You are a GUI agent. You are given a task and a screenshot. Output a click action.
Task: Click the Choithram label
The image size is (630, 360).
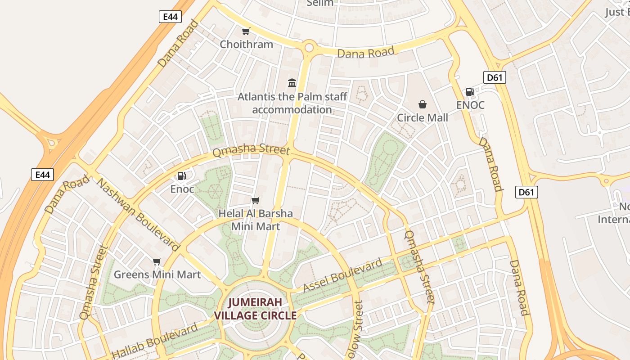tap(246, 44)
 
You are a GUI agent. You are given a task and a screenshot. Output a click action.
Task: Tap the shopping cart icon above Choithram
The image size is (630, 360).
tap(246, 31)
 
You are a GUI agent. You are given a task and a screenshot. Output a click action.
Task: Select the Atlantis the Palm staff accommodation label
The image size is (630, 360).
tap(292, 103)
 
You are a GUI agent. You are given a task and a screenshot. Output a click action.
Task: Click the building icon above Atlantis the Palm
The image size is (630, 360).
tap(292, 83)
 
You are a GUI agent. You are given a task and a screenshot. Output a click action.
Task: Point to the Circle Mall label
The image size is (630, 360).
tap(422, 117)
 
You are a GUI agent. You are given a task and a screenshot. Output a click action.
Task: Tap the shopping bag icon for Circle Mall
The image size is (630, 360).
tap(423, 104)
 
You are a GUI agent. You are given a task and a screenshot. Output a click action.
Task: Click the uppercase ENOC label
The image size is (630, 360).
tap(470, 105)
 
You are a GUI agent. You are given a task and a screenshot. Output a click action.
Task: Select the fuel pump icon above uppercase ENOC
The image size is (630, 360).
tap(470, 92)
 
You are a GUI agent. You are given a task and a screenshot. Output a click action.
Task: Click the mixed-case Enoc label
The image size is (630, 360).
tap(182, 189)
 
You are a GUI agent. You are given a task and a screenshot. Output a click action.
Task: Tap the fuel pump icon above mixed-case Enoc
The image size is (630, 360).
tap(182, 176)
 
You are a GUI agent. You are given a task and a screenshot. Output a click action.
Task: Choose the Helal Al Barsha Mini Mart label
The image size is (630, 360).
tap(256, 220)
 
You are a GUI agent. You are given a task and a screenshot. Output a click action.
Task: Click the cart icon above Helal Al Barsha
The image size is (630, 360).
tap(256, 200)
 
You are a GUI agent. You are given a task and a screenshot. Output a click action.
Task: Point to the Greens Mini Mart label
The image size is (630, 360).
tap(157, 274)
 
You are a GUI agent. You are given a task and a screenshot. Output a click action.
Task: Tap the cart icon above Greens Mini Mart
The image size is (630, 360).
tap(157, 261)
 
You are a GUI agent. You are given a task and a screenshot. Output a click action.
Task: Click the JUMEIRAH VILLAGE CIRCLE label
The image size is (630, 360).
tap(255, 309)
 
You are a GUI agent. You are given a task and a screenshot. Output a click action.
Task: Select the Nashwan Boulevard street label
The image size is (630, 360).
tap(139, 215)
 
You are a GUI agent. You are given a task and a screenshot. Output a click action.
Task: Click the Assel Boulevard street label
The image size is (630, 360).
tap(343, 275)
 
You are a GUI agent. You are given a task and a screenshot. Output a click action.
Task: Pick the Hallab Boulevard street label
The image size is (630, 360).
tap(154, 341)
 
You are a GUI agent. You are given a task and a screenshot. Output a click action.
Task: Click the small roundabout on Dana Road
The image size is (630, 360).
tap(309, 47)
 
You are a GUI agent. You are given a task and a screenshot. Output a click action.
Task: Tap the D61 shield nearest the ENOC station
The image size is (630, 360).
tap(494, 77)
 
